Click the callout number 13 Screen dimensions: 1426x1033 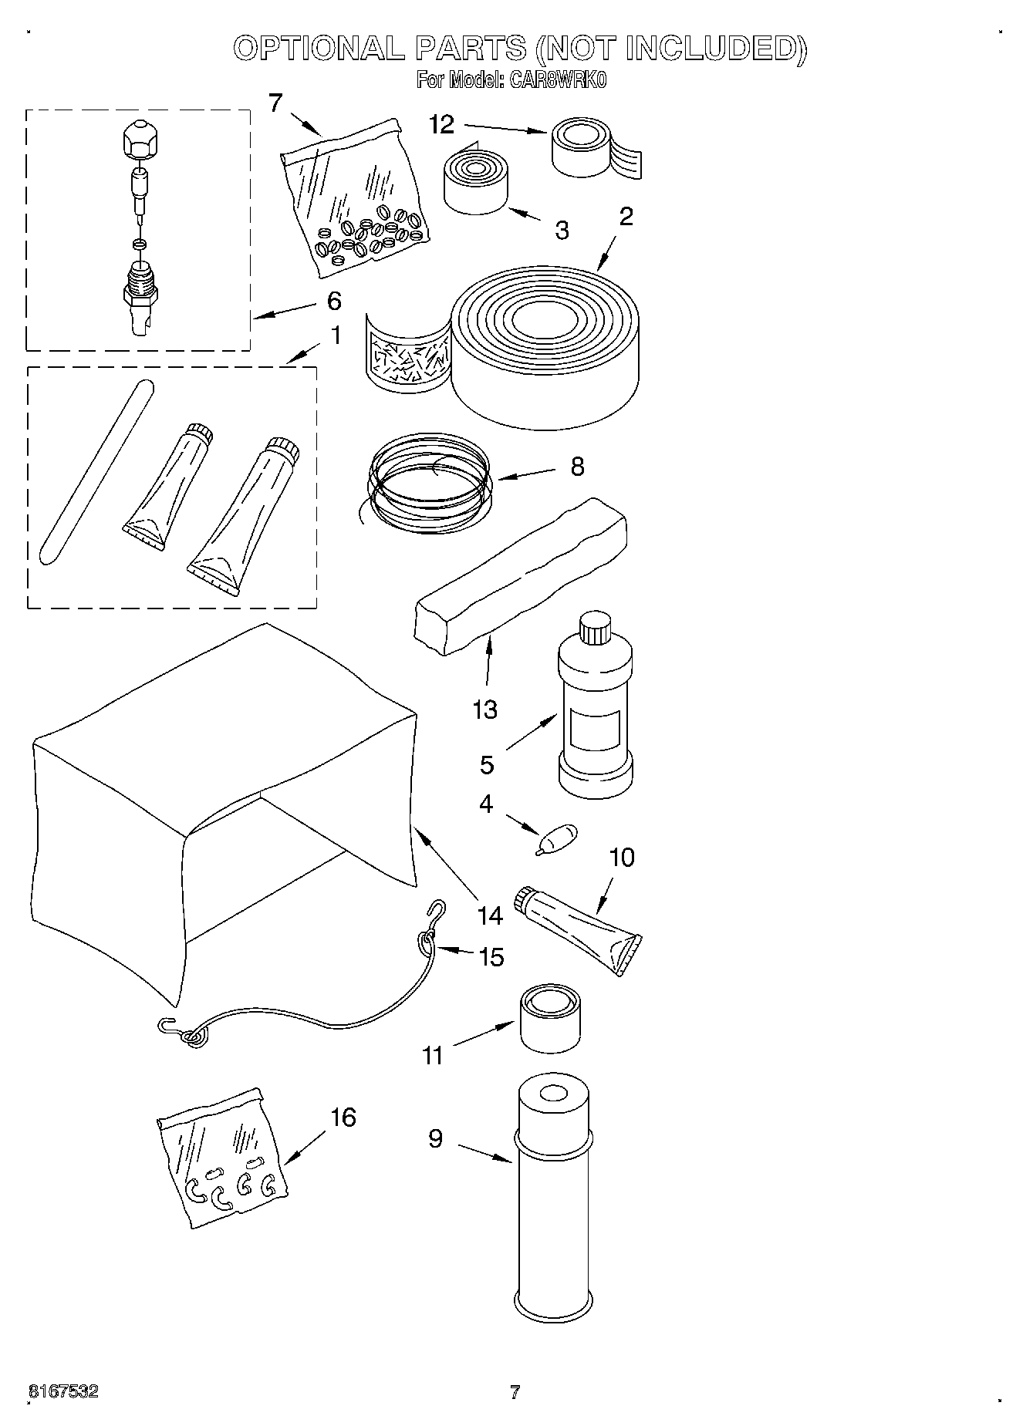[484, 709]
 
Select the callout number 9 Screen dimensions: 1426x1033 [435, 1138]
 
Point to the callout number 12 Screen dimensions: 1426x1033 [441, 124]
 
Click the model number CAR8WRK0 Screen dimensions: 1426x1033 [556, 79]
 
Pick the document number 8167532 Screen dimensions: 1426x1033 [63, 1391]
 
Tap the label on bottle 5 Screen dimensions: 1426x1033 [594, 733]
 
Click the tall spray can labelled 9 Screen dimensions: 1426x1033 [552, 1203]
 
